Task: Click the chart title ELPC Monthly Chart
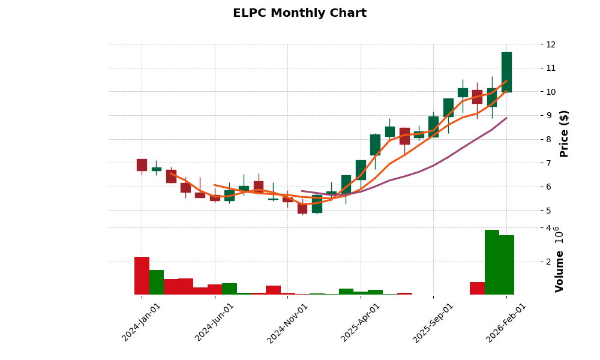tap(299, 13)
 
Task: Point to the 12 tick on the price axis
tap(551, 44)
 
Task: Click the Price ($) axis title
tap(564, 133)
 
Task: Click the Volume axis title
tap(559, 271)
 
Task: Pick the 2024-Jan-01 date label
tap(142, 322)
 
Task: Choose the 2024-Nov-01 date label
tap(287, 323)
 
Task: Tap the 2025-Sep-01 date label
tap(433, 323)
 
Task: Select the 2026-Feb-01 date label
tap(506, 323)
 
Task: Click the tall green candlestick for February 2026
tap(506, 72)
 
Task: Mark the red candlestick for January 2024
tap(142, 165)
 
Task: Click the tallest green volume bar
tap(492, 262)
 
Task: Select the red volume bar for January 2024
tap(142, 276)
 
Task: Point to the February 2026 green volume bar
tap(506, 265)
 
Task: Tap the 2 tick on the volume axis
tap(548, 262)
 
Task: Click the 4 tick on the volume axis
tap(548, 228)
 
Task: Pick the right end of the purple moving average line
tap(506, 118)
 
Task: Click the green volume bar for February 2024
tap(156, 282)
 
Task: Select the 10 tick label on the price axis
tap(551, 92)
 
